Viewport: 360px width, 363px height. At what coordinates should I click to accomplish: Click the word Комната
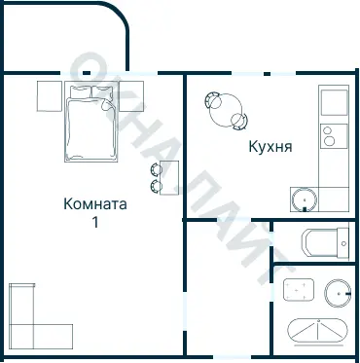(94, 204)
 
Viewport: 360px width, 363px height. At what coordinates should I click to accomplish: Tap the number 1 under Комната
(95, 222)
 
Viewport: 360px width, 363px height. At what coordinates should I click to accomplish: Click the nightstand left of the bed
(50, 95)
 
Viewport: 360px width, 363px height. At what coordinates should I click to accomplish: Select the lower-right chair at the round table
(239, 121)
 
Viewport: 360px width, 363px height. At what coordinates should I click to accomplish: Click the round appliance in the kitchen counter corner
(305, 200)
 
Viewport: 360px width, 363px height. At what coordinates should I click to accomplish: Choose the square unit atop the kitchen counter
(333, 100)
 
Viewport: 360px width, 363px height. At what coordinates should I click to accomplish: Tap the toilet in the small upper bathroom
(324, 241)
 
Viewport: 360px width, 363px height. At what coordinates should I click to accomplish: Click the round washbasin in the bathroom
(338, 291)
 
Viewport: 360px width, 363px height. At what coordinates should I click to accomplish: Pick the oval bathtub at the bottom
(317, 331)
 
